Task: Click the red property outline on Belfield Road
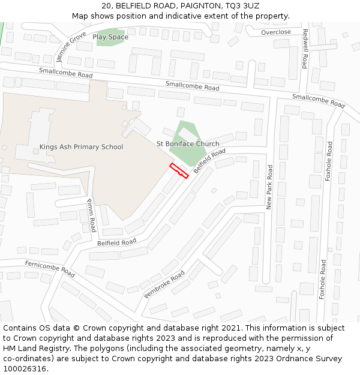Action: tap(179, 171)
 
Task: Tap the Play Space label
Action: tap(110, 37)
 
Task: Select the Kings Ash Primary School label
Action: tap(81, 147)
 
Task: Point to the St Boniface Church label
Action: tap(188, 144)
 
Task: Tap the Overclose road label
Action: tap(276, 32)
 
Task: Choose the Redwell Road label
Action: tap(305, 49)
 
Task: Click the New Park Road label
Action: tap(270, 187)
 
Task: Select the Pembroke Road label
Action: tap(164, 284)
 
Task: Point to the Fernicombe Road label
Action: tap(50, 269)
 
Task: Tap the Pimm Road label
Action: tap(91, 215)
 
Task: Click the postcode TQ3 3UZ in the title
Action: tap(244, 6)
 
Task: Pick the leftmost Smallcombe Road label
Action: tap(66, 73)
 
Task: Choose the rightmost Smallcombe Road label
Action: tap(319, 100)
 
